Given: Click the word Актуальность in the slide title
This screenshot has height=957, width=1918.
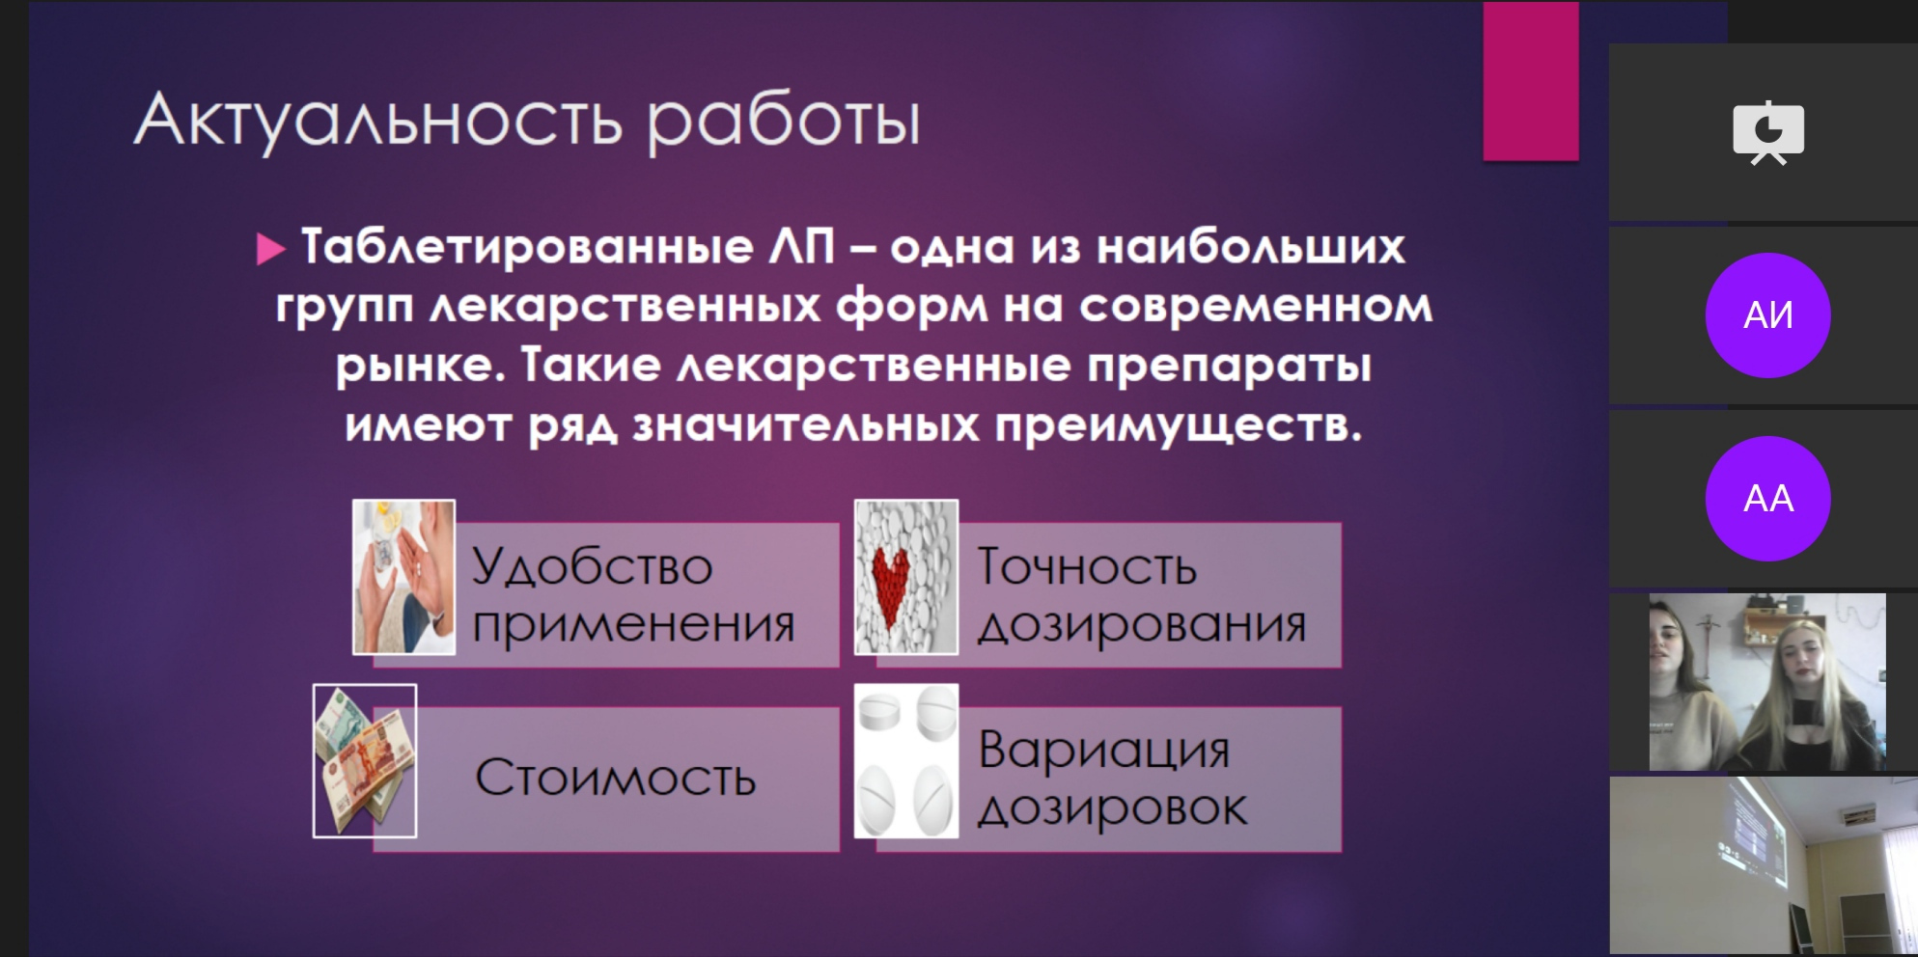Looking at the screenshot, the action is point(378,121).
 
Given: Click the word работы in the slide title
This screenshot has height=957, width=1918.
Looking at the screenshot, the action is point(784,123).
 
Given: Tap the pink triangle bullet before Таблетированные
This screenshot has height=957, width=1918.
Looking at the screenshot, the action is point(270,248).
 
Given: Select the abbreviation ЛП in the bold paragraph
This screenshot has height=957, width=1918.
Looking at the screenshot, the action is point(801,246).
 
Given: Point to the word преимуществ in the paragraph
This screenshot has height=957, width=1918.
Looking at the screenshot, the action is point(1178,425).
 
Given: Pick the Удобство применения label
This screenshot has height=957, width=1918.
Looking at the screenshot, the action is point(633,595).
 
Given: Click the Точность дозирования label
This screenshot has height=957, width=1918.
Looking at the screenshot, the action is point(1141,595).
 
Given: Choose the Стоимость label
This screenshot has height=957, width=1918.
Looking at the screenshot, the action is point(615,778).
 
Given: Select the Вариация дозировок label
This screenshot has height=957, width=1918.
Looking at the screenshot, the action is point(1113,779).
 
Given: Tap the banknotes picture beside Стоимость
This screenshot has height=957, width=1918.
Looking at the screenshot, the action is point(365,760).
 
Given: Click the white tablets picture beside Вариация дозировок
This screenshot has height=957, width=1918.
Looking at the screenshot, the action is point(906,760).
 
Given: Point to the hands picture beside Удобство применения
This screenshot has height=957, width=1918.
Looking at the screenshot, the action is point(403,577).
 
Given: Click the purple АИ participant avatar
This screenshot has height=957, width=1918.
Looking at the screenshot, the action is point(1767,314).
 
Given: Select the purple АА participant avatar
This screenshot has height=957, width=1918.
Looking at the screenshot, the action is point(1767,498).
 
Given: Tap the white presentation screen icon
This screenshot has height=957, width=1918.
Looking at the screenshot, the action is point(1768,133).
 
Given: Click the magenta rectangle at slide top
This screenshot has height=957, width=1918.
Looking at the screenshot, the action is point(1531,81).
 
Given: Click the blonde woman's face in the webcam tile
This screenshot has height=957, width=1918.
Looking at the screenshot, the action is point(1802,660).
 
